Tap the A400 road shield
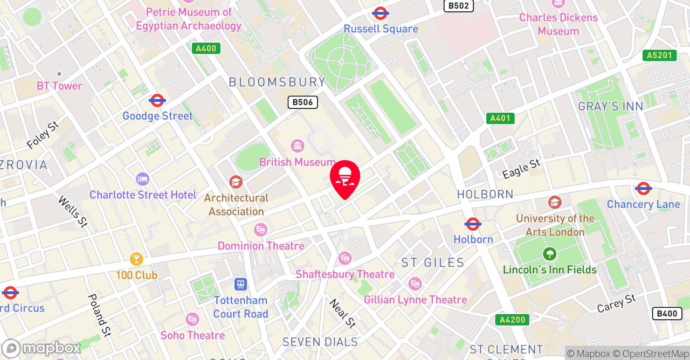click(x=205, y=49)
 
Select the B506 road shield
click(x=302, y=102)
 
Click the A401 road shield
click(x=500, y=118)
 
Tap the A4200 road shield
click(x=511, y=320)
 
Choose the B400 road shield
click(x=667, y=314)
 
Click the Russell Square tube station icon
click(x=381, y=13)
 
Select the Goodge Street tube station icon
click(x=157, y=100)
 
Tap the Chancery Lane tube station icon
click(x=643, y=188)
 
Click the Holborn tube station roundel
click(x=473, y=224)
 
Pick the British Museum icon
click(x=297, y=146)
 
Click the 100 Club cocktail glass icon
click(x=136, y=259)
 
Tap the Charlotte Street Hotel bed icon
click(x=143, y=179)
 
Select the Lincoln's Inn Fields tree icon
click(x=549, y=253)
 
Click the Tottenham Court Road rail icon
click(x=240, y=283)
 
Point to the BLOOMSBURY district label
click(x=277, y=82)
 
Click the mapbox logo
click(x=42, y=348)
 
